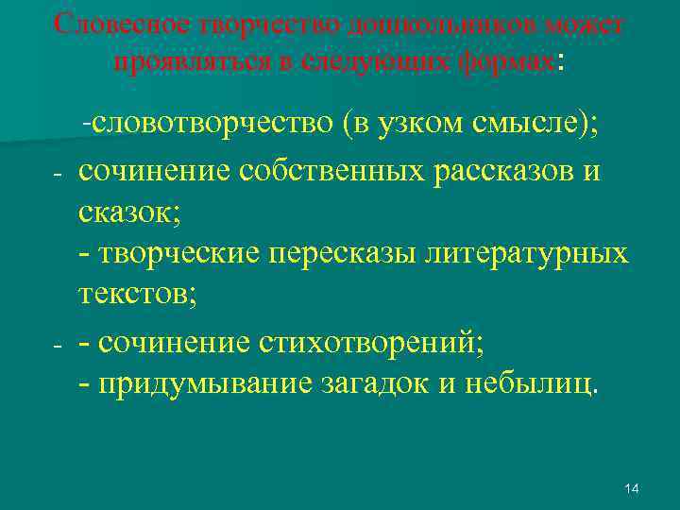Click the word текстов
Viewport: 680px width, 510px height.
click(132, 294)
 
